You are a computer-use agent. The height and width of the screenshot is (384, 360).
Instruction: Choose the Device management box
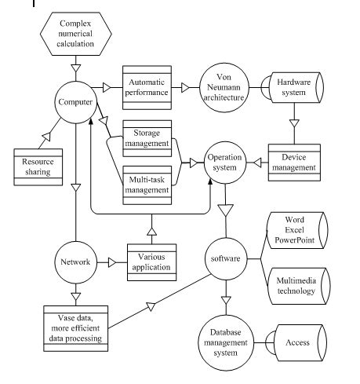[x=292, y=163]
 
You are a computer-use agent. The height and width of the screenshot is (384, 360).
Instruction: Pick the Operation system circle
[x=226, y=163]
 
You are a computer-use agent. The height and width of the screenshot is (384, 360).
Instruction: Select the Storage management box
[x=147, y=138]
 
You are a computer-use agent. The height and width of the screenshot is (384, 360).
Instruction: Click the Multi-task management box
[x=147, y=186]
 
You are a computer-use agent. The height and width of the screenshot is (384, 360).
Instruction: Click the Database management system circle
[x=224, y=342]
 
